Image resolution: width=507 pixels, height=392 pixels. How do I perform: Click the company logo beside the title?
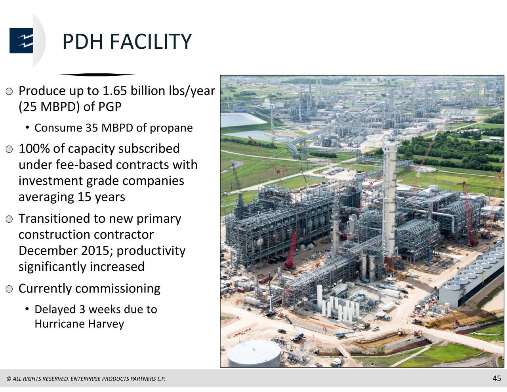click(21, 40)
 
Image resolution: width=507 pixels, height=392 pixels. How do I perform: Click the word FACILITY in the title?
click(150, 42)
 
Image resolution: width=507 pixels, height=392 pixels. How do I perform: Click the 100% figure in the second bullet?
click(34, 149)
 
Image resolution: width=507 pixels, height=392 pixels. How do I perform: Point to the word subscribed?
click(149, 149)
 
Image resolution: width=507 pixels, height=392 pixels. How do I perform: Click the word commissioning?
click(118, 289)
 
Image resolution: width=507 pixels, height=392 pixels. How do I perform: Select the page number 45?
click(497, 378)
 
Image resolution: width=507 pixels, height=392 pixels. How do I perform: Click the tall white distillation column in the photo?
click(390, 198)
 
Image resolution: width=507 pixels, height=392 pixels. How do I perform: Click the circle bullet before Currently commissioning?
click(10, 289)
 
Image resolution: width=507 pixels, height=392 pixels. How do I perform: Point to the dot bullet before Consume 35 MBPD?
click(27, 128)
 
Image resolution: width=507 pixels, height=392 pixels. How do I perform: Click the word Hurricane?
click(59, 324)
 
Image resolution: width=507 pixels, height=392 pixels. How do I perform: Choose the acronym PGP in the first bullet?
click(110, 107)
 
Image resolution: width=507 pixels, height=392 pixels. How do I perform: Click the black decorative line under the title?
click(97, 75)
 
